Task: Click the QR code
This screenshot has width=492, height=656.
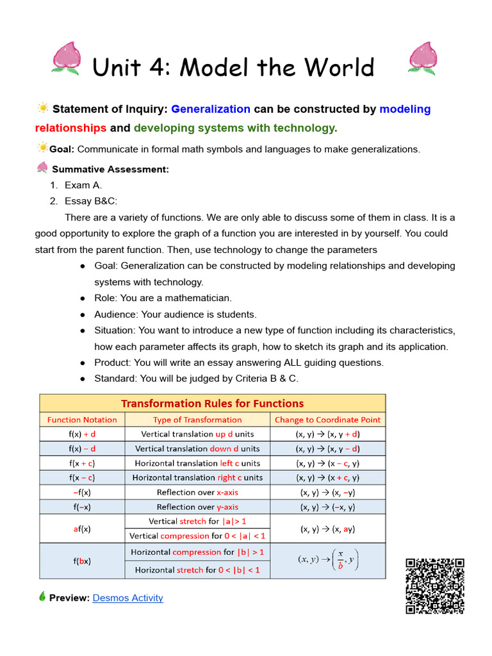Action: coord(434,586)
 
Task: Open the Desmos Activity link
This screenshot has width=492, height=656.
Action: coord(127,598)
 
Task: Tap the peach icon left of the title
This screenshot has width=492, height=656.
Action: coord(65,58)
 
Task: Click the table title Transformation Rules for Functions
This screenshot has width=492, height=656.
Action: coord(213,404)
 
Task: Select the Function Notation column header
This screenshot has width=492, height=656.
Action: coord(82,420)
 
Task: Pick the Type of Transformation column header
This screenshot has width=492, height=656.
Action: coord(197,420)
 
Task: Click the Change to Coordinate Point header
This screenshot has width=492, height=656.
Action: coord(327,420)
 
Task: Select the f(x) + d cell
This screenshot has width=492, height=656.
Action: coord(82,434)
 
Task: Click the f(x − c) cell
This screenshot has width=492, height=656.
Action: coord(82,478)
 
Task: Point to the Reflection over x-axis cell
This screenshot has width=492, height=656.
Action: coord(197,493)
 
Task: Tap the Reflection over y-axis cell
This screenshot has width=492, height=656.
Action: coord(197,507)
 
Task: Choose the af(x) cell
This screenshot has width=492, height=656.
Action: coord(82,529)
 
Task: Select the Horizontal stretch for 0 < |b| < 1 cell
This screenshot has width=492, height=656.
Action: coord(197,570)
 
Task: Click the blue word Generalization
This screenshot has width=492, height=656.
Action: coord(211,109)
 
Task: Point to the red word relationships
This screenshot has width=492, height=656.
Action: coord(70,127)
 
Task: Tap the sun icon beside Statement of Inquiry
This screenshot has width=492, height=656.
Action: coord(43,108)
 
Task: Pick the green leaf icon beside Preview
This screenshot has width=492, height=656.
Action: coord(42,597)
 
